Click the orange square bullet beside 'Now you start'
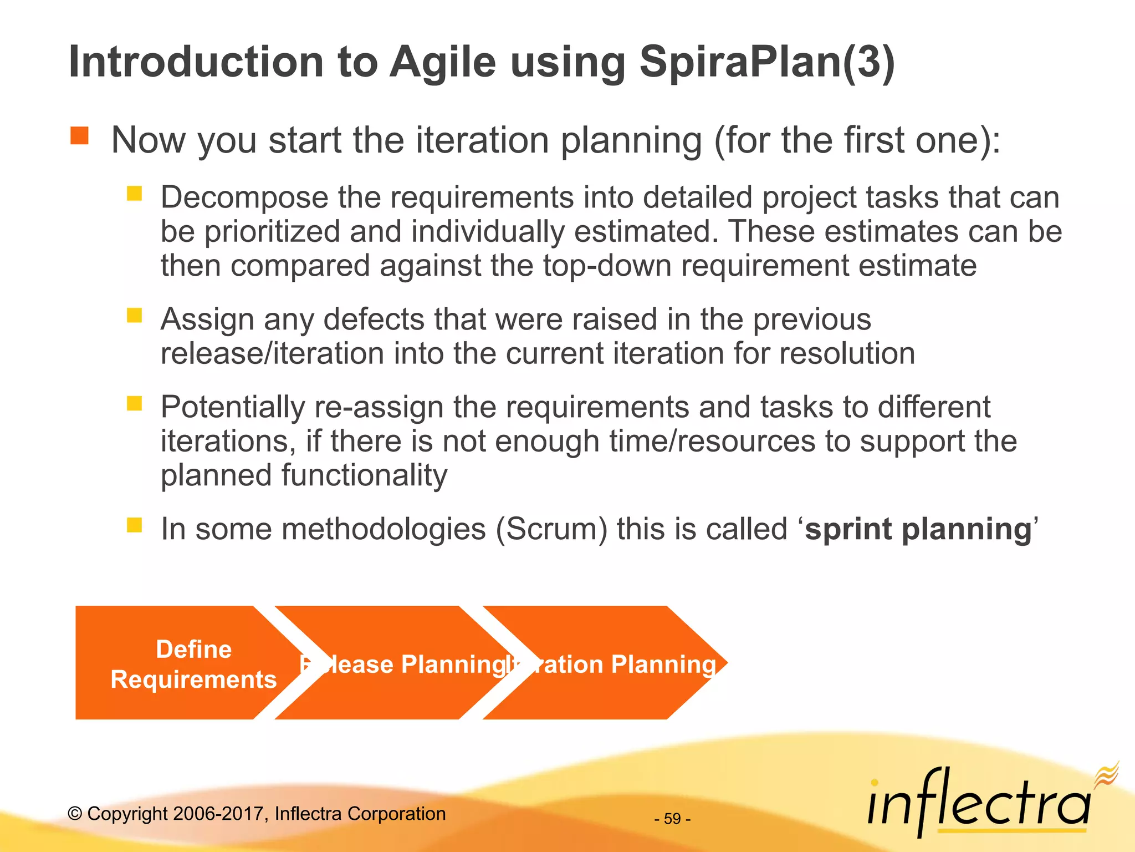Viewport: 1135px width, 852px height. (x=80, y=136)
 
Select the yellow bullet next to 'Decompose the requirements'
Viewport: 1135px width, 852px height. (x=135, y=193)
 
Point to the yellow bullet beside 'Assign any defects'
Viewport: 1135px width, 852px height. (x=135, y=315)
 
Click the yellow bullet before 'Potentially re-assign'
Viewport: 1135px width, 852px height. (x=135, y=403)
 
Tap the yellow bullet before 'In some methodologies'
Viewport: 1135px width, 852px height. (x=135, y=525)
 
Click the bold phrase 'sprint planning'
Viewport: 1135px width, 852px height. (x=918, y=529)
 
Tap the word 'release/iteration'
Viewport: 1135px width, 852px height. (x=272, y=354)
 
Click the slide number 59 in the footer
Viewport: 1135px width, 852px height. (x=672, y=819)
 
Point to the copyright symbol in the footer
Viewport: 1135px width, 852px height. (x=75, y=814)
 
